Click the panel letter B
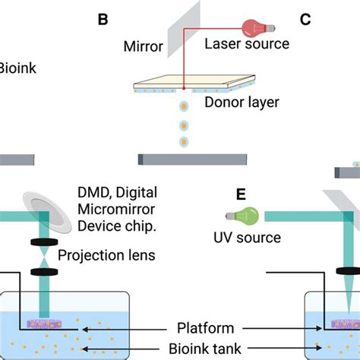(x=103, y=18)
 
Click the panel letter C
(x=305, y=18)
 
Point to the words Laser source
(x=247, y=44)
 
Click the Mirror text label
(x=143, y=49)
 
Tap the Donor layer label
(x=242, y=102)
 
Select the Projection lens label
(x=110, y=256)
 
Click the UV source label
(x=246, y=238)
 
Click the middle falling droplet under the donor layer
(x=182, y=124)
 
